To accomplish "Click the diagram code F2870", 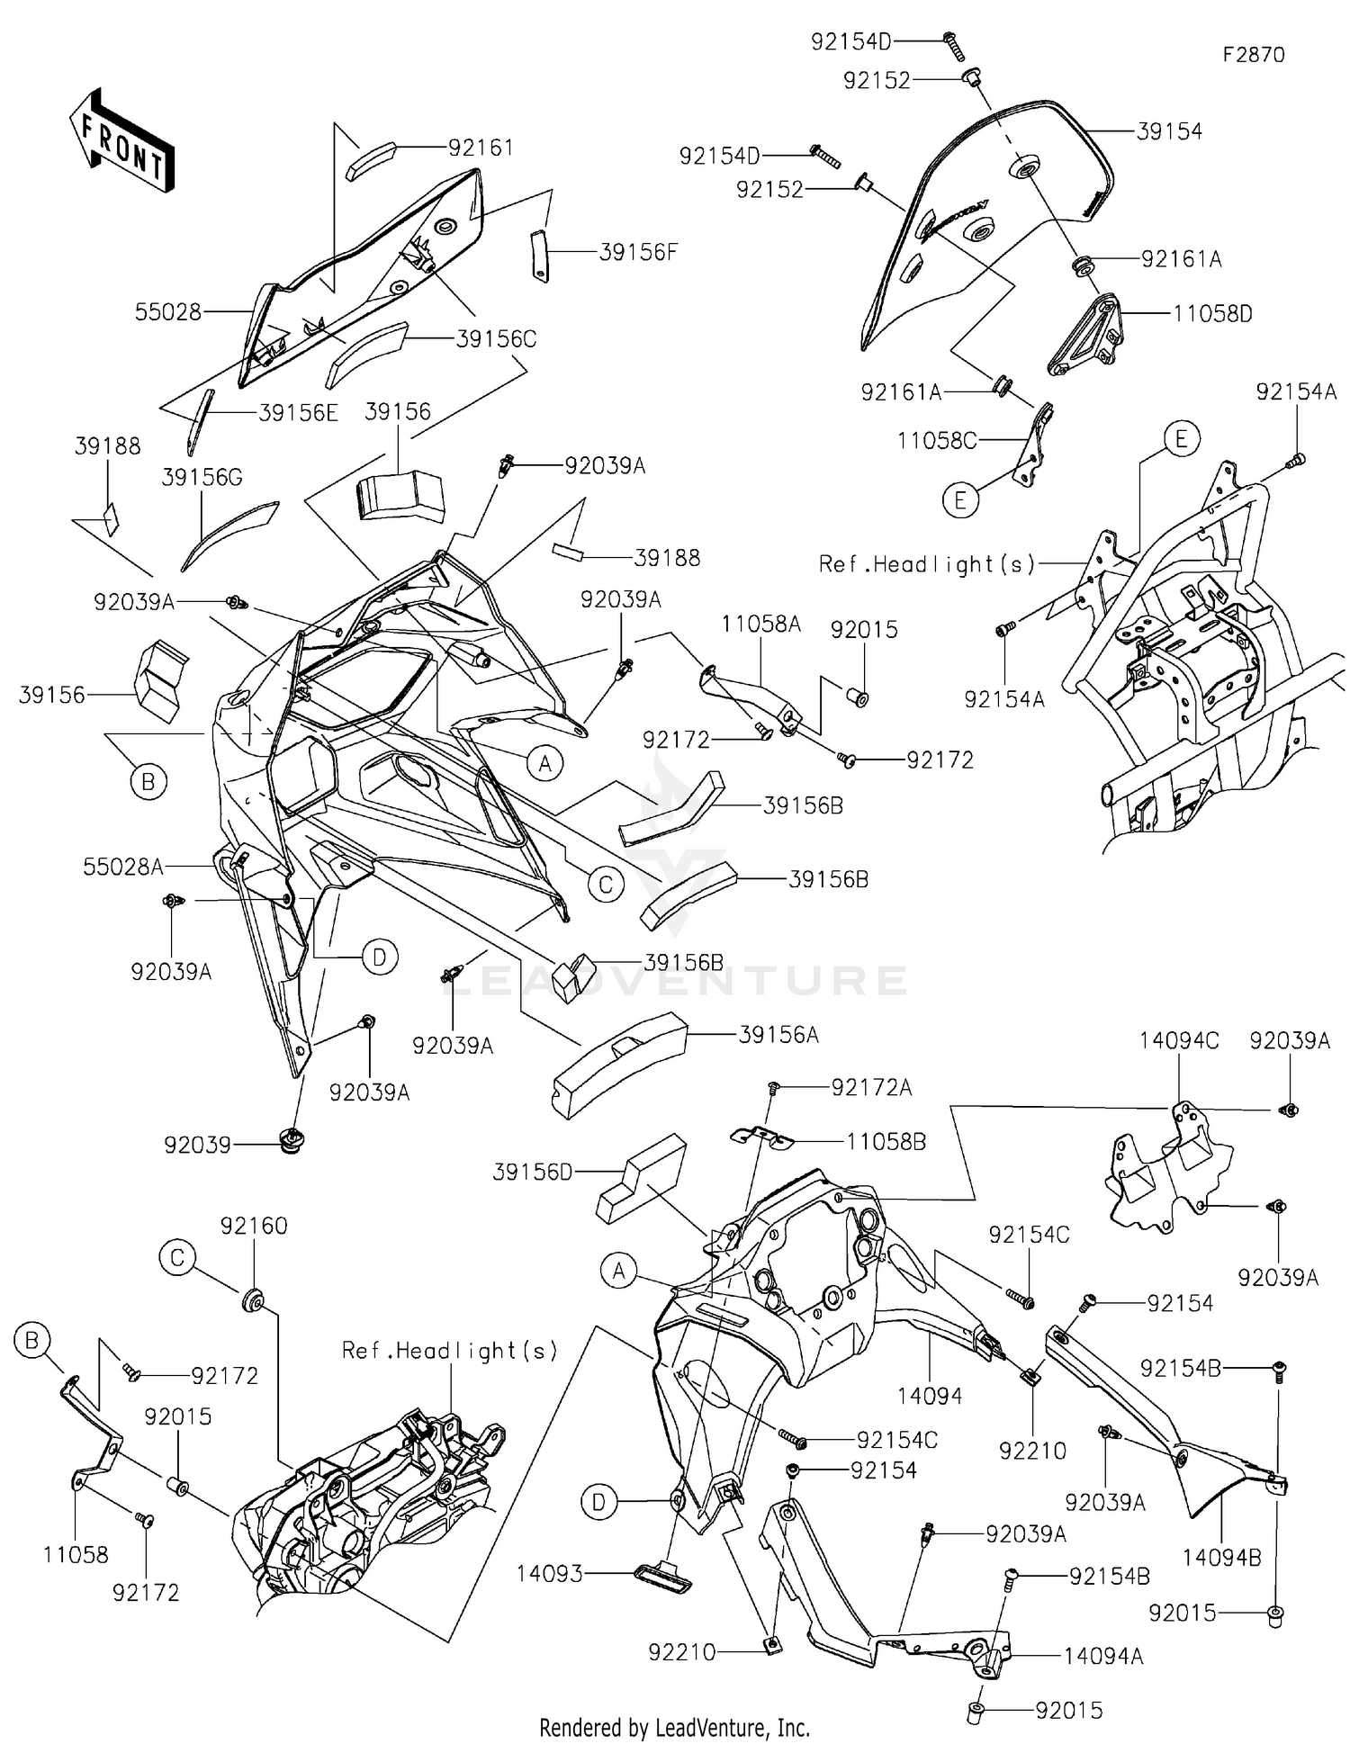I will [1254, 54].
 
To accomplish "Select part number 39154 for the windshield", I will [1169, 131].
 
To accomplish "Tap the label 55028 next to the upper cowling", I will [167, 312].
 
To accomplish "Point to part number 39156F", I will [637, 253].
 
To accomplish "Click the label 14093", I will [549, 1574].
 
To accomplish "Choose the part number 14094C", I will [1179, 1041].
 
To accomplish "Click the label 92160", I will [254, 1226].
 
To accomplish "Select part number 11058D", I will [1212, 314].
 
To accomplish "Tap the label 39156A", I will [778, 1036].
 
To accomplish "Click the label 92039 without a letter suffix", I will [197, 1146].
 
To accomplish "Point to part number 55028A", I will [123, 867].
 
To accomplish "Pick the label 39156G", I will [202, 477].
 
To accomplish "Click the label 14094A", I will [1103, 1656].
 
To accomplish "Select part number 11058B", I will [886, 1142].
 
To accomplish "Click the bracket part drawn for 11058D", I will [1086, 337].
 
